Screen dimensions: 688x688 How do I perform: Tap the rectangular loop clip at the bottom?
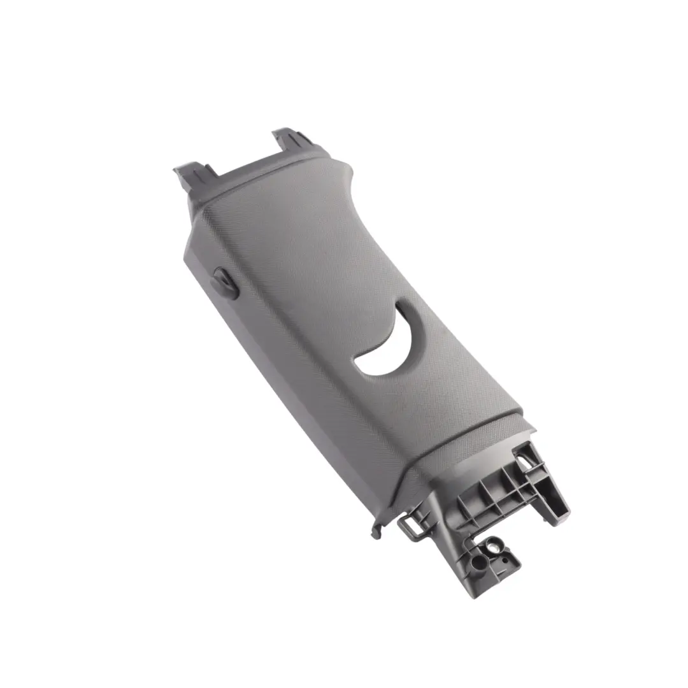pos(409,526)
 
